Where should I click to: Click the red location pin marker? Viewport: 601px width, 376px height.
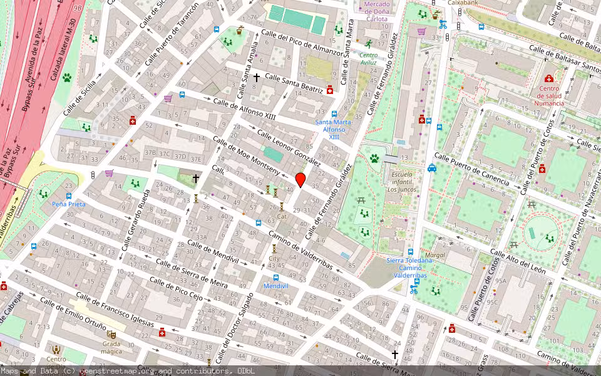coord(300,180)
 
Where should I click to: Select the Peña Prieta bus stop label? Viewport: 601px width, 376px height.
coord(69,204)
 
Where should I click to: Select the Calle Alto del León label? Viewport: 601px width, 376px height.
coord(518,263)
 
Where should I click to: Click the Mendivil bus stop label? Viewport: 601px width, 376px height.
coord(275,286)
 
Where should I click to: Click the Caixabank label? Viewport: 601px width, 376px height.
coord(463,3)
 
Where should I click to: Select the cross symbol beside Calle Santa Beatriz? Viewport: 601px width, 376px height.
coord(256,78)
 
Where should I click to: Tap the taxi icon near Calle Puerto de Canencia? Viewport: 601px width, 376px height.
coord(432,168)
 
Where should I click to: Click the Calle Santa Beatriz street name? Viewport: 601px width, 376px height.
coord(294,83)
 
